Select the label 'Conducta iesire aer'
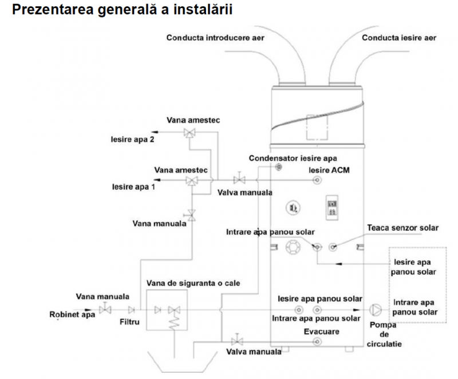pyautogui.click(x=399, y=38)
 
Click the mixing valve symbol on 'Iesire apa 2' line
pyautogui.click(x=188, y=133)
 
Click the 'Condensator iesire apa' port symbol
pyautogui.click(x=279, y=167)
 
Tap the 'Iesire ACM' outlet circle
pyautogui.click(x=315, y=181)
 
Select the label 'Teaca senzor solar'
pyautogui.click(x=403, y=228)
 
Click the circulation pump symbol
pyautogui.click(x=376, y=309)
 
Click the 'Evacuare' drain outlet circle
pyautogui.click(x=315, y=341)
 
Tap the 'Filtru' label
pyautogui.click(x=130, y=322)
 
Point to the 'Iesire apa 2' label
pyautogui.click(x=132, y=139)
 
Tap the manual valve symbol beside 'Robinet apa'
pyautogui.click(x=105, y=310)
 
